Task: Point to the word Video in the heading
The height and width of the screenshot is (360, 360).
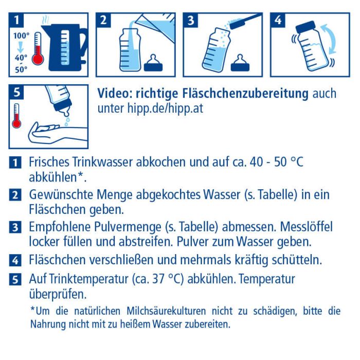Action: [114, 94]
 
